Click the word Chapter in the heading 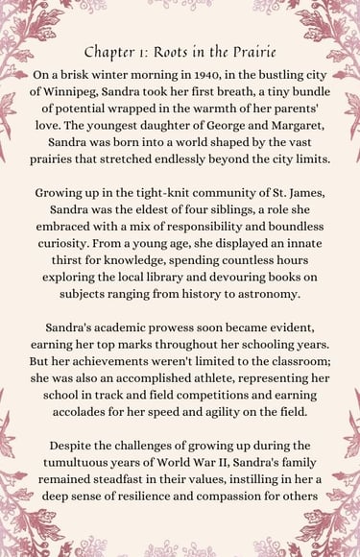[108, 52]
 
